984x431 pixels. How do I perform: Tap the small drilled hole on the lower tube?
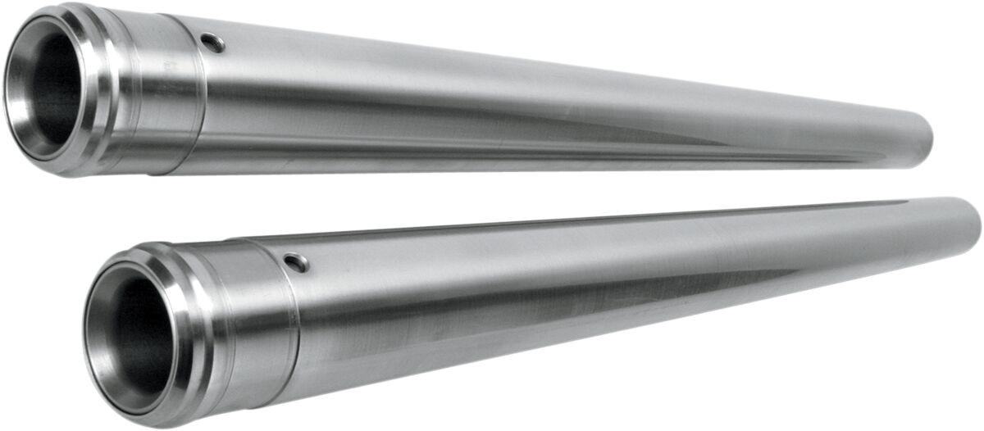click(296, 263)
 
